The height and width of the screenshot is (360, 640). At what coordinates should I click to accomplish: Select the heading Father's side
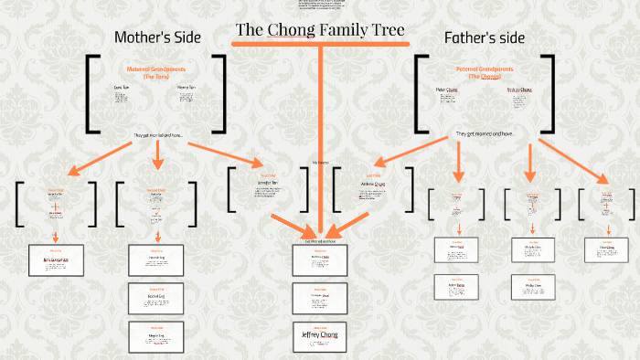[x=485, y=37]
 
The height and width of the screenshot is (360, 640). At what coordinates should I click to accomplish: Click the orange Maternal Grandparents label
[x=157, y=71]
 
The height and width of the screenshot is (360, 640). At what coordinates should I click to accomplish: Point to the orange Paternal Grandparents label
[x=484, y=71]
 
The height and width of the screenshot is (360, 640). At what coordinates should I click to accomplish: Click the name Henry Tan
[x=186, y=88]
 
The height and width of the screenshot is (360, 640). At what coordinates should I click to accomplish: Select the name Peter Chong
[x=446, y=90]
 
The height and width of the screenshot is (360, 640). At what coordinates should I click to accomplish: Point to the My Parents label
[x=320, y=163]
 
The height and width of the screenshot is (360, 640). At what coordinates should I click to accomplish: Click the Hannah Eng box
[x=157, y=259]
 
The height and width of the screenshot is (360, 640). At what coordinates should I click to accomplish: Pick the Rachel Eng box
[x=157, y=297]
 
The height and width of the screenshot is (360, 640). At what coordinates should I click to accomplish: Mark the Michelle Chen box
[x=528, y=249]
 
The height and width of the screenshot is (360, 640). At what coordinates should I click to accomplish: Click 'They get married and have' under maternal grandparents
[x=157, y=135]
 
